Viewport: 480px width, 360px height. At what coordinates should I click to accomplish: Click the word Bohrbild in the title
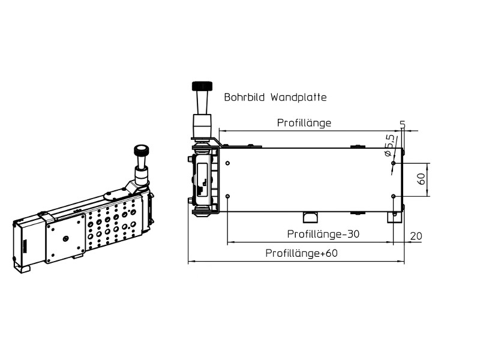pos(244,97)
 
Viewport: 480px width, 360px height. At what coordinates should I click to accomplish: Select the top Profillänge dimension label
pos(304,123)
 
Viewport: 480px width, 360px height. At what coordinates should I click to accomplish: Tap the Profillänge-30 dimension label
pos(323,234)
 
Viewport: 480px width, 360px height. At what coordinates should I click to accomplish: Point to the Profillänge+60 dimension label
pos(302,253)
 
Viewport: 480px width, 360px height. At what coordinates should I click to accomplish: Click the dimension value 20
pos(416,236)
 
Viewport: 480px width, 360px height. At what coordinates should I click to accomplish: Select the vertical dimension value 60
pos(421,179)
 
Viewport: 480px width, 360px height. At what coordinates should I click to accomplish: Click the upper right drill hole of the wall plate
pos(393,163)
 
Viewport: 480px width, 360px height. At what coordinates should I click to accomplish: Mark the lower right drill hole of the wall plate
pos(393,196)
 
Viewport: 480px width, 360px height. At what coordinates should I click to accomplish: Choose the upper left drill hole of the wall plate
pos(227,163)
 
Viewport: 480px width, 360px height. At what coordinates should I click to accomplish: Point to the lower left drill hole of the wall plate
pos(227,196)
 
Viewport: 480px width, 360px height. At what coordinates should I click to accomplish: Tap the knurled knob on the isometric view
pos(142,150)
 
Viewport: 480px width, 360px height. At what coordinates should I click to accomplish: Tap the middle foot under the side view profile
pos(310,217)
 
